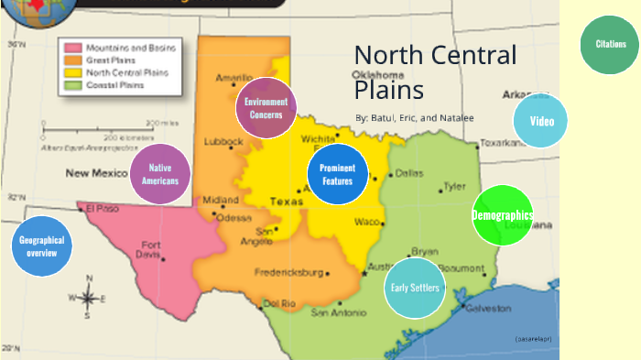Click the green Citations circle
click(611, 44)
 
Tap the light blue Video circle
click(541, 121)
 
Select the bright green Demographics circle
click(502, 215)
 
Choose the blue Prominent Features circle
click(337, 174)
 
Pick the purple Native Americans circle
click(160, 174)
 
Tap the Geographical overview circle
click(42, 245)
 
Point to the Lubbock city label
click(223, 142)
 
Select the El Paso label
click(102, 208)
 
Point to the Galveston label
click(488, 309)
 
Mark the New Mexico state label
click(97, 172)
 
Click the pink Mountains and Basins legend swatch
click(73, 45)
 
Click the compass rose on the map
click(88, 297)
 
